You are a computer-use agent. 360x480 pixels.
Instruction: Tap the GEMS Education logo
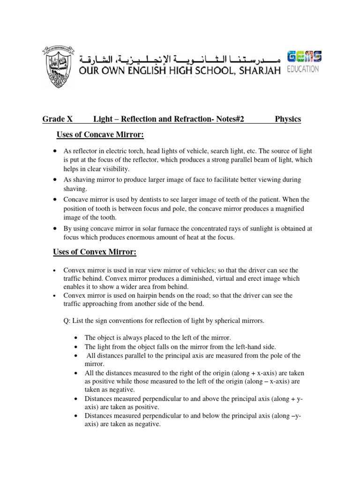(x=304, y=61)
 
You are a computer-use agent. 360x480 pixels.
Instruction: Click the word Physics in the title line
(x=288, y=120)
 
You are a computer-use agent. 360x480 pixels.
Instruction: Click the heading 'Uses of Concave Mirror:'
(x=100, y=135)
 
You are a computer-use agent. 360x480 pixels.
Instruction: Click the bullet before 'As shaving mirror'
(x=55, y=180)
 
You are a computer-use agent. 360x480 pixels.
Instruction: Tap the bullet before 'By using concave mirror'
(x=55, y=228)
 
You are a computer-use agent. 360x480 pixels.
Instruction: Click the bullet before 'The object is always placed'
(x=76, y=337)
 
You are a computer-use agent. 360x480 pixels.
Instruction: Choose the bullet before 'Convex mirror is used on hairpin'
(x=55, y=295)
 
